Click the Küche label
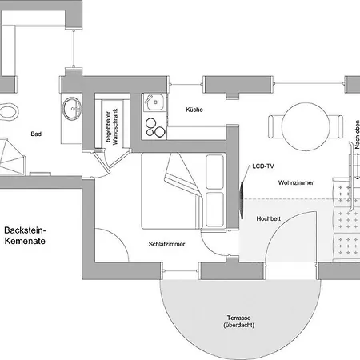tap(194, 110)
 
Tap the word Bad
tap(36, 134)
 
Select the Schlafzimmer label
tap(166, 244)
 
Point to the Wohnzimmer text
tap(296, 182)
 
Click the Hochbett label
tap(268, 218)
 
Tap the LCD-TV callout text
tap(263, 166)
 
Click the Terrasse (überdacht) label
tap(238, 322)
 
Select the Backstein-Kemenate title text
tap(25, 235)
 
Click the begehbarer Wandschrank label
tap(112, 126)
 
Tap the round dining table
tap(306, 126)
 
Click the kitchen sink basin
tap(154, 102)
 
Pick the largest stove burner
tap(160, 131)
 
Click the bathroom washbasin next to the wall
tap(71, 108)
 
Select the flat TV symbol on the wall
tap(242, 200)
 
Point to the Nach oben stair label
tap(358, 134)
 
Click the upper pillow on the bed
tap(214, 172)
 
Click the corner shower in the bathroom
tap(12, 157)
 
